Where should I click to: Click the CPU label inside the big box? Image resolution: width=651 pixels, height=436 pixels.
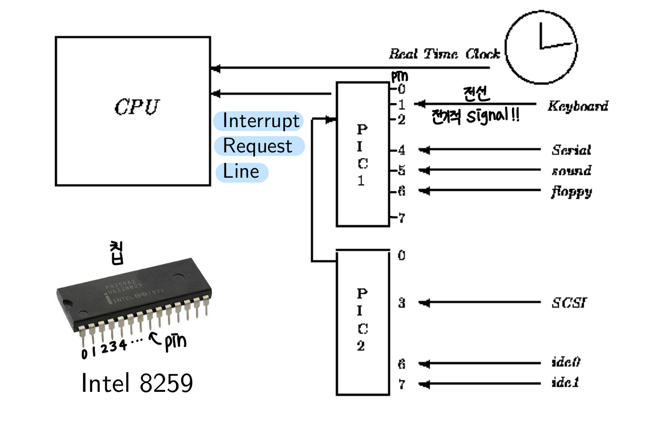pos(137,107)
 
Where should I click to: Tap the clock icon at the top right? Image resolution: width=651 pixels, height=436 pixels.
pos(541,48)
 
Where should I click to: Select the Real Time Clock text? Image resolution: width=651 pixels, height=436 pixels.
pos(444,54)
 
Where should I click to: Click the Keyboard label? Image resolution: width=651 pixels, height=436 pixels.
pos(578,106)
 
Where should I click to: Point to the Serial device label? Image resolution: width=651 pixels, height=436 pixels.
pos(571,150)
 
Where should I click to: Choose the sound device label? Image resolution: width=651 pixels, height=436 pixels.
pos(572,170)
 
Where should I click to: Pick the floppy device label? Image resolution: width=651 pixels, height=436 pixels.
pos(572,192)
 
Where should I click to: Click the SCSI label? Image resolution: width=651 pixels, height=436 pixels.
pos(569,303)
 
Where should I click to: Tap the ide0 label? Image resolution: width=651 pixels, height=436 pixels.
pos(566,362)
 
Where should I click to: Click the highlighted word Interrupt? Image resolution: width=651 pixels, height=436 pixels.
pos(261,121)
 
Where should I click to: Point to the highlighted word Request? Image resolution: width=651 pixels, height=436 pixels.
pos(257,146)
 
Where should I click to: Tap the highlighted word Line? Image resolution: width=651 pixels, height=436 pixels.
pos(241,171)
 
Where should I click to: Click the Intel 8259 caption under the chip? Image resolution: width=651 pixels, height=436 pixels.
pos(137,383)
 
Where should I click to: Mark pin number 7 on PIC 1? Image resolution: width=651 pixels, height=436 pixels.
pos(402,218)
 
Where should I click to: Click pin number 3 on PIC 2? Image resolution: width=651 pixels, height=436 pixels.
pos(402,303)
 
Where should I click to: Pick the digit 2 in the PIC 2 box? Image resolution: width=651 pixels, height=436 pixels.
pos(361,346)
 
